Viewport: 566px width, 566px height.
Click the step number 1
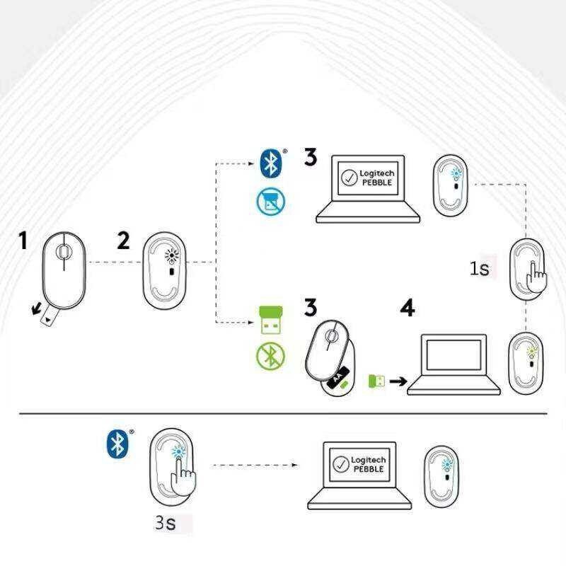point(23,241)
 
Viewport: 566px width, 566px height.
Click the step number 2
point(124,241)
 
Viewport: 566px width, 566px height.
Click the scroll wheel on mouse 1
point(64,251)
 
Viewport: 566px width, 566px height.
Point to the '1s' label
point(479,269)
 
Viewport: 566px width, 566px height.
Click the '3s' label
point(165,524)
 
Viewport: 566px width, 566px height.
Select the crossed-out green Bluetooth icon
point(269,357)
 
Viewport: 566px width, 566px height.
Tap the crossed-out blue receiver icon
point(270,202)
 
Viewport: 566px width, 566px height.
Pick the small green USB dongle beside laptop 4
point(376,381)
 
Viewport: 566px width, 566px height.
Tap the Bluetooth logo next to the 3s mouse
point(115,443)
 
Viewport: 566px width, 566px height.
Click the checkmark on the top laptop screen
point(348,178)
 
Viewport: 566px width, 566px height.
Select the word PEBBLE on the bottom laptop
point(368,469)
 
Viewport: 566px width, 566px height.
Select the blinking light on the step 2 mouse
point(169,256)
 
